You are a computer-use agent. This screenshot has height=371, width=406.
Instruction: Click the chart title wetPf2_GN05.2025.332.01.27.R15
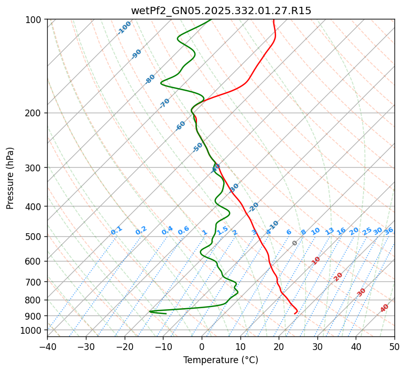(221, 11)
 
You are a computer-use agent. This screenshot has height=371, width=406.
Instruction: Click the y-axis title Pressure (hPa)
(10, 178)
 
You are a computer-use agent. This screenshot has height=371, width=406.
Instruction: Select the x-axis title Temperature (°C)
(221, 360)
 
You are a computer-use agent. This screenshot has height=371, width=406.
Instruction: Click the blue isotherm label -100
(125, 28)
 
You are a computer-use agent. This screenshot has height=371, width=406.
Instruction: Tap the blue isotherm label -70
(164, 103)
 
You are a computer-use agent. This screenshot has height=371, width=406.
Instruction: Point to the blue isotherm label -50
(197, 147)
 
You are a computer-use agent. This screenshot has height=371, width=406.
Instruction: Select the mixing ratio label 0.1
(116, 231)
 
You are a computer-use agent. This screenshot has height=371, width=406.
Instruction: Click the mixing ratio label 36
(389, 231)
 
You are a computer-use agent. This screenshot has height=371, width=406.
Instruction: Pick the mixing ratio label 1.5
(223, 230)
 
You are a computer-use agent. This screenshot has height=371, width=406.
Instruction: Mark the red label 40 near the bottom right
(385, 308)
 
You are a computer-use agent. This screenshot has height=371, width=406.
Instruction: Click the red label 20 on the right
(338, 276)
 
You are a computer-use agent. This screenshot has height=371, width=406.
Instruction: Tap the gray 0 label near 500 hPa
(295, 243)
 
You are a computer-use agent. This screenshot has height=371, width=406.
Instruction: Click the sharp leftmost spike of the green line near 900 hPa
(149, 311)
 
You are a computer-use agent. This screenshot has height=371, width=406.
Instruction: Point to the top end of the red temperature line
(273, 20)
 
